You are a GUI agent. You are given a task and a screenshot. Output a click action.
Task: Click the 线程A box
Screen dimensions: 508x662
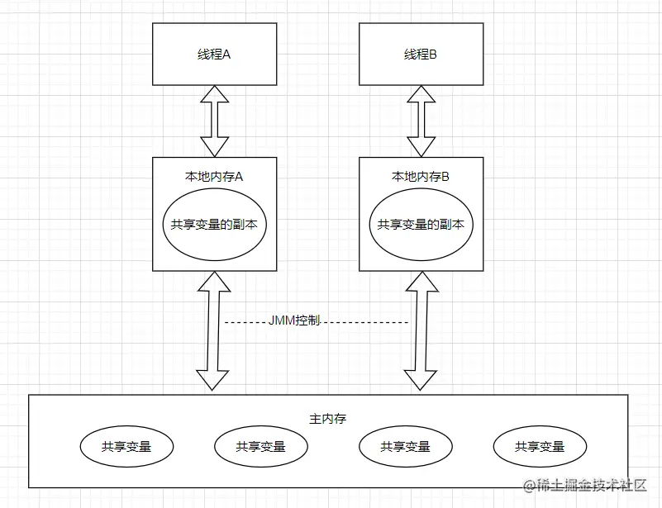click(x=214, y=54)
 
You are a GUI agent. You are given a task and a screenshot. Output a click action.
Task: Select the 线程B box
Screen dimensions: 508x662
click(x=420, y=54)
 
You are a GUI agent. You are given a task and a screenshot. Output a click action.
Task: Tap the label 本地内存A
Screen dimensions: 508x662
click(x=214, y=176)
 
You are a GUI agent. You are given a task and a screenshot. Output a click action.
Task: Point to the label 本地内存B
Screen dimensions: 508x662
click(x=420, y=176)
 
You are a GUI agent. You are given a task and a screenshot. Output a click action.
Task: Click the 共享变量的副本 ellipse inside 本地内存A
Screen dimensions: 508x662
click(x=214, y=225)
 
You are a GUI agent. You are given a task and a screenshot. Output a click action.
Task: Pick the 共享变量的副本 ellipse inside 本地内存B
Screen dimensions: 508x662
click(x=420, y=225)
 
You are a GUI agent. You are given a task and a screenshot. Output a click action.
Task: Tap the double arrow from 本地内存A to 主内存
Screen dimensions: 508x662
click(x=214, y=330)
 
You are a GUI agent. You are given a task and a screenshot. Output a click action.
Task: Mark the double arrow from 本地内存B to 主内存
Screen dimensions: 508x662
click(x=420, y=330)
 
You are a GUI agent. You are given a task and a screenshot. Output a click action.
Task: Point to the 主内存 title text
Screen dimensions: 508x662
click(x=327, y=418)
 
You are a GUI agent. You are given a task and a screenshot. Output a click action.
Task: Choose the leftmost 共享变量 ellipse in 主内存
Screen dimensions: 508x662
click(x=126, y=447)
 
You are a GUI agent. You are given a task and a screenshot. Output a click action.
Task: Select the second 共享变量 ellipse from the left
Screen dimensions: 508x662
click(x=260, y=447)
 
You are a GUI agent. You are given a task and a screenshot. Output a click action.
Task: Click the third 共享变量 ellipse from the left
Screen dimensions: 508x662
click(x=405, y=447)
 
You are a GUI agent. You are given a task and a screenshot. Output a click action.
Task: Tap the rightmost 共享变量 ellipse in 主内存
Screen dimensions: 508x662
click(x=540, y=447)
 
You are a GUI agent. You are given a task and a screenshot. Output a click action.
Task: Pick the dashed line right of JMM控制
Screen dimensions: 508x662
click(x=364, y=321)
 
